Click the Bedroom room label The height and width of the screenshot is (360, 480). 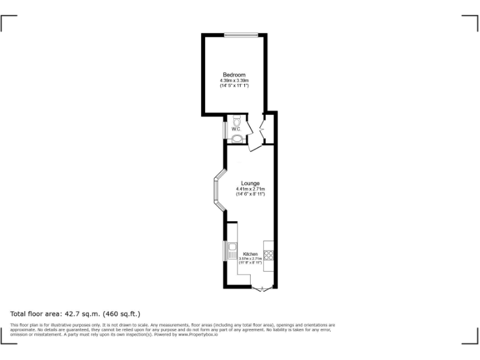(234, 75)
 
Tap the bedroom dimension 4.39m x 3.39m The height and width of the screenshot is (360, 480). (234, 81)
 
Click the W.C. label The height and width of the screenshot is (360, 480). (236, 129)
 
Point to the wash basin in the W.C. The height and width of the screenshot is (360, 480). (237, 139)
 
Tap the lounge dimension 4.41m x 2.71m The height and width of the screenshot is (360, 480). (250, 189)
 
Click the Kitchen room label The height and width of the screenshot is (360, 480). (250, 254)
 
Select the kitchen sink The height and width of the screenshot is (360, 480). (232, 251)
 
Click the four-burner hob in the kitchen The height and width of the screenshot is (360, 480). (269, 254)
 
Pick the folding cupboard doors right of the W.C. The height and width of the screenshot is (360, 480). (262, 127)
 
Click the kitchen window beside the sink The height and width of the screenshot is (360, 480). (225, 251)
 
